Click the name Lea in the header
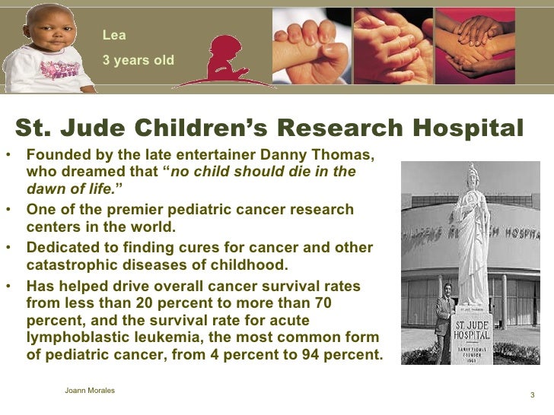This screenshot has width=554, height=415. click(114, 35)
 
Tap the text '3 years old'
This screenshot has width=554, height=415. click(138, 59)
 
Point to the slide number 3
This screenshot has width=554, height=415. click(531, 395)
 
